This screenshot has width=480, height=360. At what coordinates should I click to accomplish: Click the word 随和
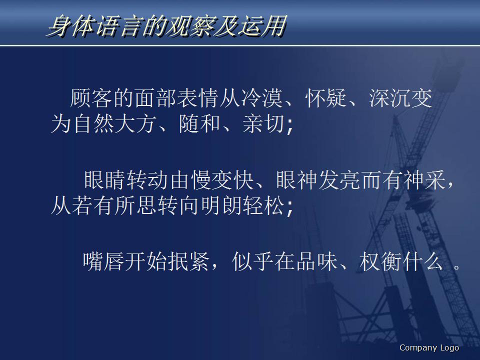point(199,124)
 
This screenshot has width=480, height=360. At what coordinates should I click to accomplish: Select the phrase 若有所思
point(115,206)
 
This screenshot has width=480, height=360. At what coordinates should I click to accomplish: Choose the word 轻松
point(263,206)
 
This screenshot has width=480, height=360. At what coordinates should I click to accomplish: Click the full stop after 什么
point(456,266)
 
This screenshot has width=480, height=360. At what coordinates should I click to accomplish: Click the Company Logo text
point(429,348)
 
